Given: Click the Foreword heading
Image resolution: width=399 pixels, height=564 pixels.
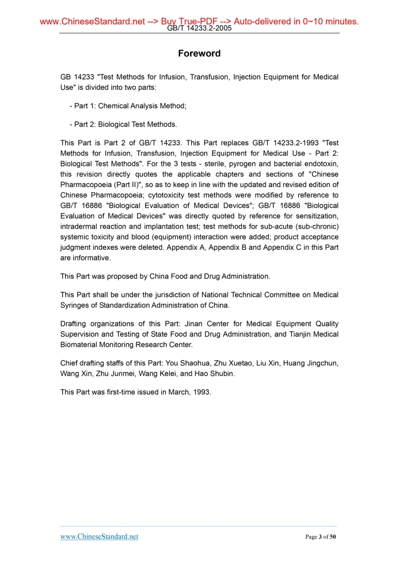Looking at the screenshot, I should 199,54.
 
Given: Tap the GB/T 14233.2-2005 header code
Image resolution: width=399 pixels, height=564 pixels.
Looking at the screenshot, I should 199,28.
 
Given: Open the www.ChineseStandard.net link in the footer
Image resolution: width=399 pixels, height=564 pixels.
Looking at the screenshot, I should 99,537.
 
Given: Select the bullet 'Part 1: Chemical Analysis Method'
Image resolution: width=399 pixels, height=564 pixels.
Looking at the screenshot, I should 127,106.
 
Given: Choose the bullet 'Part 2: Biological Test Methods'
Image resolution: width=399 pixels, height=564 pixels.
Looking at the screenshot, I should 123,124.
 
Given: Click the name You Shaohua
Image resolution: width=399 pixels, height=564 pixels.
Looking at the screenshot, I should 187,363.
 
